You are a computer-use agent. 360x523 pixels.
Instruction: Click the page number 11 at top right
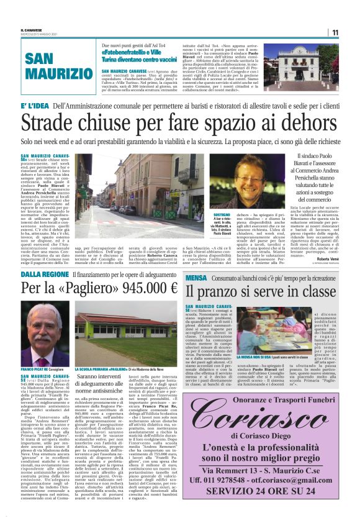pyautogui.click(x=335, y=32)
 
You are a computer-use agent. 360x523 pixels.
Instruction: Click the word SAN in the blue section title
pyautogui.click(x=44, y=60)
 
